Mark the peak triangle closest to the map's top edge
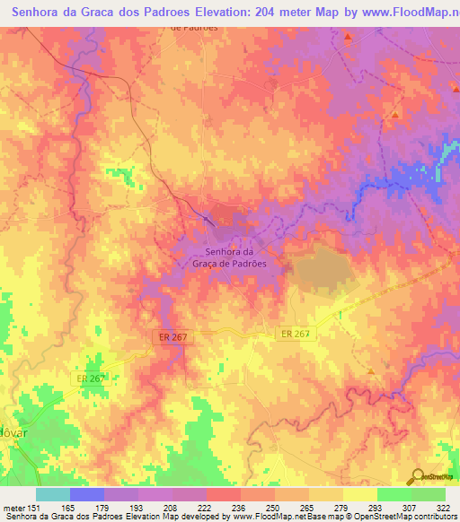348,36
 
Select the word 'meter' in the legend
14,507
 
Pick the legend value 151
37,507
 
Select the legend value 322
443,507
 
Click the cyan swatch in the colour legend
53,494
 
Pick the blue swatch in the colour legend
87,494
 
